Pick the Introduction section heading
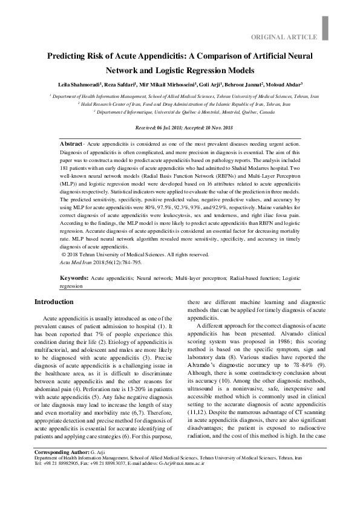54,302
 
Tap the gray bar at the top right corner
326,24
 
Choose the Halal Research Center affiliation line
184,104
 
